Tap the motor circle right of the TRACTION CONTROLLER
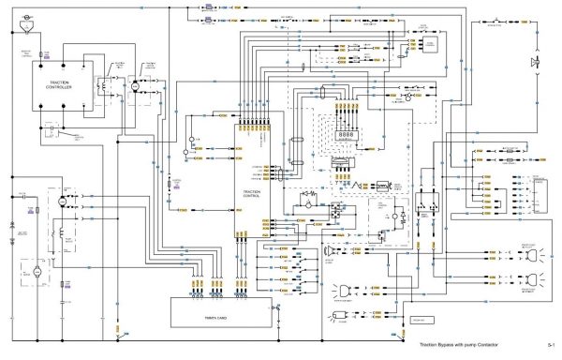coord(135,86)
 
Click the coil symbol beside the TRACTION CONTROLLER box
coord(99,86)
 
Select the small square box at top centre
coord(434,44)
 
